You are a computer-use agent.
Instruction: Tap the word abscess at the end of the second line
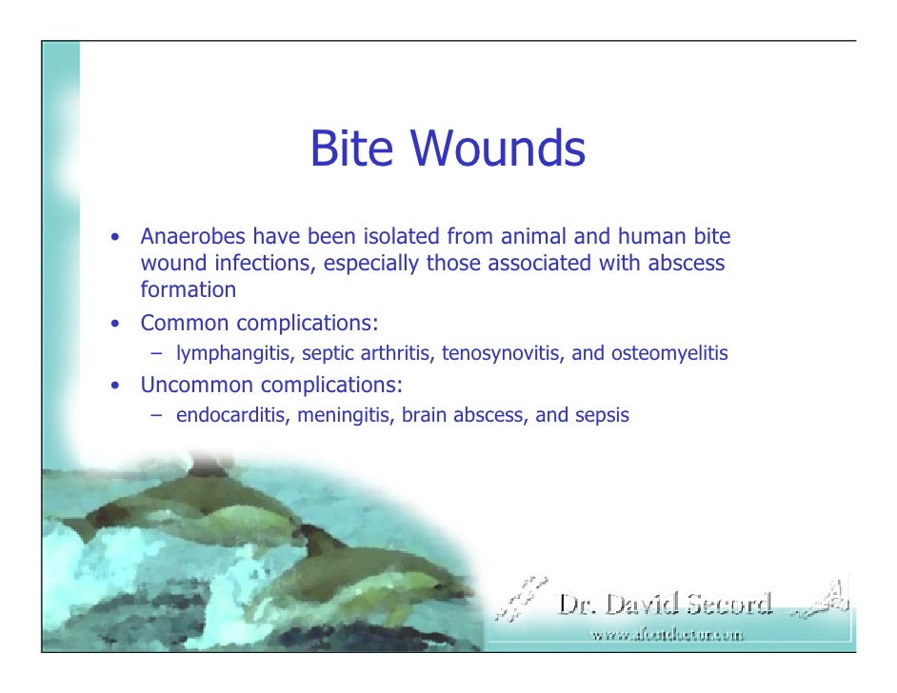(687, 263)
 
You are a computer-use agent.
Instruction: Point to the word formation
(189, 289)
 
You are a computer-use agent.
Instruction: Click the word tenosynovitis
(503, 354)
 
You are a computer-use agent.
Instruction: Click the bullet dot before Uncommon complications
(114, 386)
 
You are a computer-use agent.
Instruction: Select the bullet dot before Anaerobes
(114, 237)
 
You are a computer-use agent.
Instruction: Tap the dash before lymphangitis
(157, 354)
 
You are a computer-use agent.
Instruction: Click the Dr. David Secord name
(665, 604)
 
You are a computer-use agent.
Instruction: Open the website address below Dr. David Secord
(667, 634)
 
